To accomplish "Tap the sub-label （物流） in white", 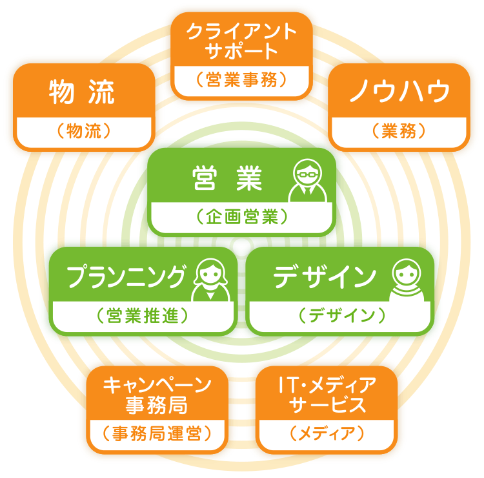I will (84, 132).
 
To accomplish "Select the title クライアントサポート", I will (242, 40).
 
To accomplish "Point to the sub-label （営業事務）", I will (242, 80).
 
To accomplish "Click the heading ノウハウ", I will (399, 93).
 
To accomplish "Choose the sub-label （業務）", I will (399, 132).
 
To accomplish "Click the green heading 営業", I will (228, 180).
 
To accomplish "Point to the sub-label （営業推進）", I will (143, 316).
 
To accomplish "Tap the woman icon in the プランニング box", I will (210, 280).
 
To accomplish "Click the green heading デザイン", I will (325, 277).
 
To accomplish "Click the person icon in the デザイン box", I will (408, 280).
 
